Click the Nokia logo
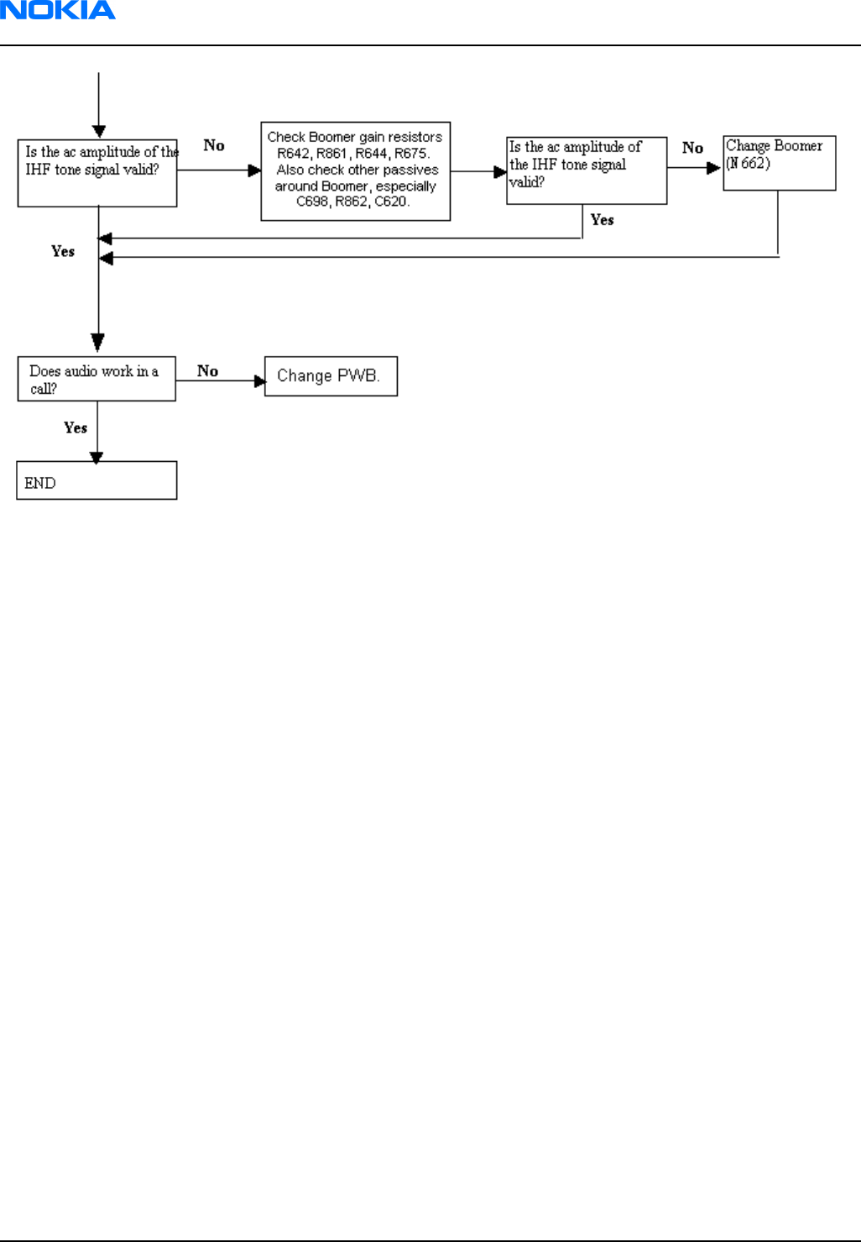pyautogui.click(x=58, y=10)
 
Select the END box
pyautogui.click(x=97, y=480)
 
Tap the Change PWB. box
pyautogui.click(x=331, y=376)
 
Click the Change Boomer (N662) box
pyautogui.click(x=780, y=163)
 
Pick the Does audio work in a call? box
pyautogui.click(x=97, y=379)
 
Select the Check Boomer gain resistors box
pyautogui.click(x=356, y=171)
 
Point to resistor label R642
pyautogui.click(x=293, y=154)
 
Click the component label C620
pyautogui.click(x=392, y=202)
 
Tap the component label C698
pyautogui.click(x=313, y=202)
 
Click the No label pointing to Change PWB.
pyautogui.click(x=208, y=370)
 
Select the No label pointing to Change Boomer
pyautogui.click(x=692, y=148)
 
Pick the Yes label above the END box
pyautogui.click(x=76, y=427)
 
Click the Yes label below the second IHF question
pyautogui.click(x=603, y=219)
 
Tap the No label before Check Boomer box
pyautogui.click(x=214, y=145)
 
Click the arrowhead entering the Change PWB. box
pyautogui.click(x=260, y=381)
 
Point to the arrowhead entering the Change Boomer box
pyautogui.click(x=713, y=168)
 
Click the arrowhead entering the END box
pyautogui.click(x=97, y=458)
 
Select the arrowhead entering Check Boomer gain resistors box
pyautogui.click(x=254, y=170)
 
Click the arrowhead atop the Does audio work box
pyautogui.click(x=98, y=342)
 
